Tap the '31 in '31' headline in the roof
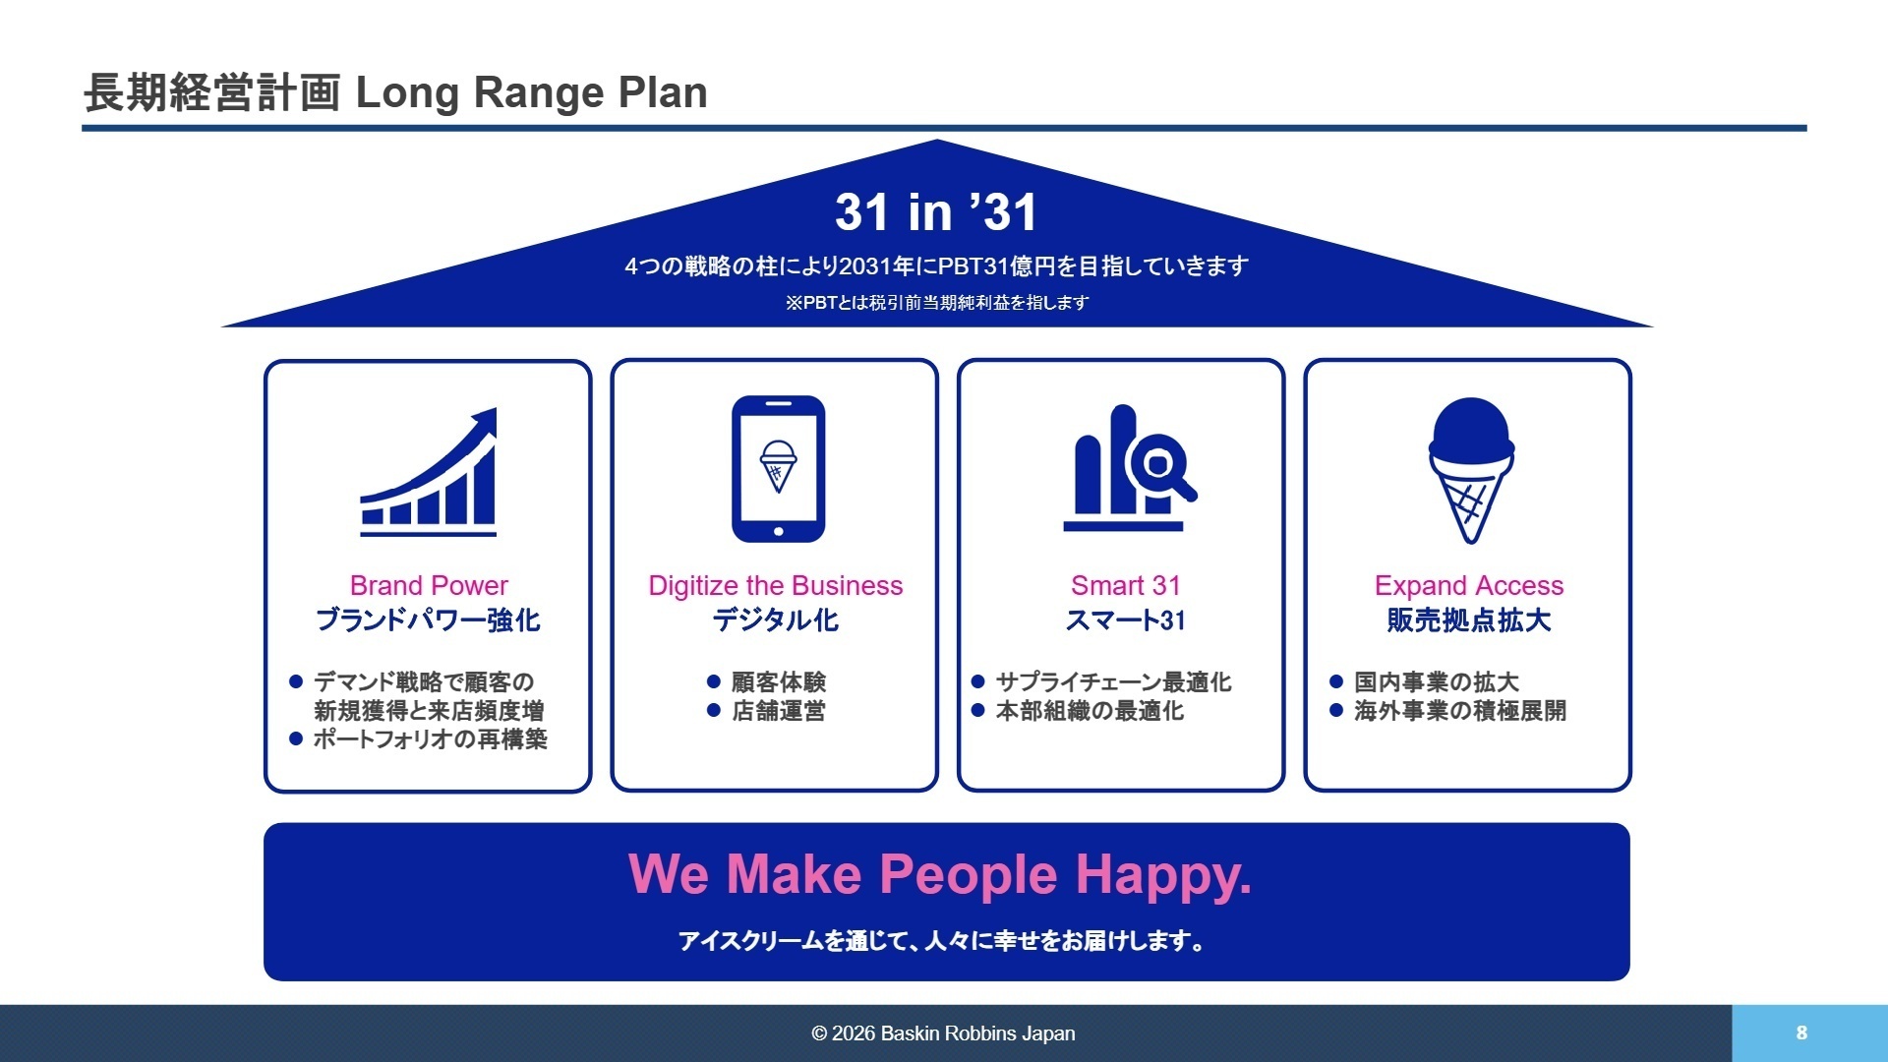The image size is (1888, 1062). (936, 212)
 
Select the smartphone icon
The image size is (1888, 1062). (778, 469)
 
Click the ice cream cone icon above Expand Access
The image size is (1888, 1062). (1470, 470)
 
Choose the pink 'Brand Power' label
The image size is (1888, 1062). (429, 586)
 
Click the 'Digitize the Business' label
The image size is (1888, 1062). (775, 586)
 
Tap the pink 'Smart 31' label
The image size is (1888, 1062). (1125, 586)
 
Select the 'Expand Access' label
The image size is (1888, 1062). (1468, 586)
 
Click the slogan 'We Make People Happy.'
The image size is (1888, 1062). (939, 874)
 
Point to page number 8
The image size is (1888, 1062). (1801, 1032)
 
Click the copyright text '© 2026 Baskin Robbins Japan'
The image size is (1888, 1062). (943, 1033)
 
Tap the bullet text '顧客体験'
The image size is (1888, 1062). (778, 682)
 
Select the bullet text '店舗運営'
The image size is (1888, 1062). (778, 711)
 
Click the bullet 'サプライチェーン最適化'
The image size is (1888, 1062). (1112, 682)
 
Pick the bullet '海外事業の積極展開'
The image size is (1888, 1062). (1459, 711)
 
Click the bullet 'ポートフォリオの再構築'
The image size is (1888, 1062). (430, 739)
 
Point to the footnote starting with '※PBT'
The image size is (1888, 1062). (936, 303)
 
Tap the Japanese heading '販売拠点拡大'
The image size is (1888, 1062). (1468, 620)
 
